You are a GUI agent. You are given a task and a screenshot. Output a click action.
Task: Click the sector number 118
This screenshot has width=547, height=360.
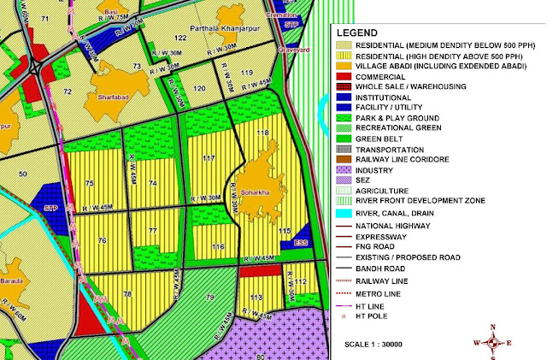(263, 133)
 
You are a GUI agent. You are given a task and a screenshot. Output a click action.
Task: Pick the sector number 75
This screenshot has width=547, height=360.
(89, 183)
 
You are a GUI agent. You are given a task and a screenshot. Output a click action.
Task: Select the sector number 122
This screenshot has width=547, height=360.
(180, 38)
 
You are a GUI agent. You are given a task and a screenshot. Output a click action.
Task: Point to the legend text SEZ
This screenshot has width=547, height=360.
(364, 180)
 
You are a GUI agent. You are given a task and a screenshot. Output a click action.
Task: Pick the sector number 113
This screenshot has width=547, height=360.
(256, 297)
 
